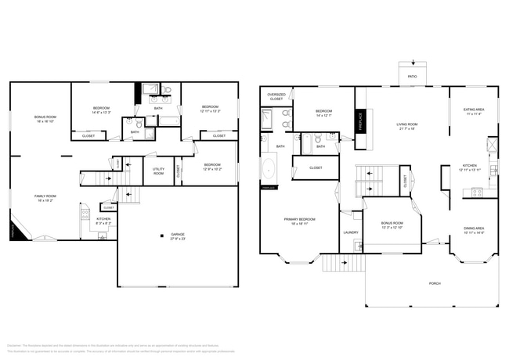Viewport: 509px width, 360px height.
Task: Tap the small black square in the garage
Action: tap(161, 235)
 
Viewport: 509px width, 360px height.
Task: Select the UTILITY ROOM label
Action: tap(158, 171)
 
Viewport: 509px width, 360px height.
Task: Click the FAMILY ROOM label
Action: tap(44, 197)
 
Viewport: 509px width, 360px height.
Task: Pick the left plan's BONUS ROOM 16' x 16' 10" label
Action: tap(45, 119)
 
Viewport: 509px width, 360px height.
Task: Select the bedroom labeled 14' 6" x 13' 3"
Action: tap(101, 109)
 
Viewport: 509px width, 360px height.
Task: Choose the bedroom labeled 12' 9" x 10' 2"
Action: tap(218, 166)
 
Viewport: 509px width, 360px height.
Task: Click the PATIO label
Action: tap(413, 75)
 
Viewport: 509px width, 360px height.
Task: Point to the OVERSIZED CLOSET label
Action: tap(276, 96)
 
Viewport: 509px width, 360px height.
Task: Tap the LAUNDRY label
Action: tap(351, 232)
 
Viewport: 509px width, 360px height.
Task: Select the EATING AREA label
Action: tap(472, 111)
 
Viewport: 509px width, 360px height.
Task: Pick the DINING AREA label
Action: tap(473, 230)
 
